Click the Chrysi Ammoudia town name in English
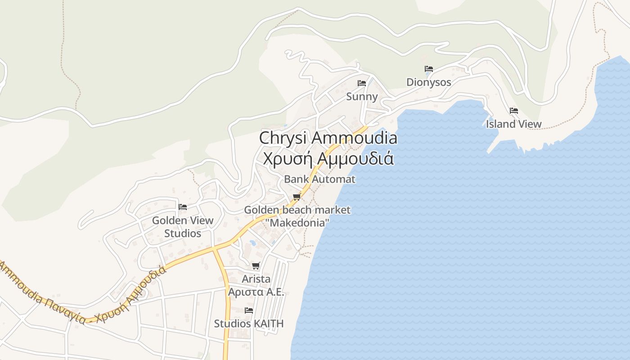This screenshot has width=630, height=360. pyautogui.click(x=328, y=138)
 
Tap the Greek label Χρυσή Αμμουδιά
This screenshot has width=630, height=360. pyautogui.click(x=328, y=158)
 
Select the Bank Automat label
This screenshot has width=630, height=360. pyautogui.click(x=319, y=179)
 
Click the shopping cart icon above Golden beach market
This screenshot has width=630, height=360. pyautogui.click(x=297, y=197)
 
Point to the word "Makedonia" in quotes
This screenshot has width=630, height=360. pyautogui.click(x=297, y=222)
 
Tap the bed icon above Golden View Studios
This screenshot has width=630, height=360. pyautogui.click(x=183, y=207)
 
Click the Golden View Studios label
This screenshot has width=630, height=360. pyautogui.click(x=183, y=227)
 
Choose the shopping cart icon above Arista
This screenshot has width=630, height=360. pyautogui.click(x=256, y=266)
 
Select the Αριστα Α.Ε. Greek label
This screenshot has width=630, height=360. pyautogui.click(x=256, y=292)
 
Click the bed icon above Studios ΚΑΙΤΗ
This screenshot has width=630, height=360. pyautogui.click(x=249, y=310)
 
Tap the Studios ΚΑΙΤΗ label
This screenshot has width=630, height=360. pyautogui.click(x=249, y=324)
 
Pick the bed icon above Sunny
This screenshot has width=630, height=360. pyautogui.click(x=362, y=83)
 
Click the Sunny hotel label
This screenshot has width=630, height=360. pyautogui.click(x=362, y=96)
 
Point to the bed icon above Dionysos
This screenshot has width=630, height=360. pyautogui.click(x=429, y=69)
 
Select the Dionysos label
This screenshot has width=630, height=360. pyautogui.click(x=429, y=82)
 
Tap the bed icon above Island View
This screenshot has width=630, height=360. pyautogui.click(x=514, y=111)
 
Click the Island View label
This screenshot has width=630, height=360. pyautogui.click(x=514, y=124)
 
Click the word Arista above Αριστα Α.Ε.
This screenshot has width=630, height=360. pyautogui.click(x=256, y=279)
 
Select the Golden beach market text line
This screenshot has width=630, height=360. pyautogui.click(x=297, y=210)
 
